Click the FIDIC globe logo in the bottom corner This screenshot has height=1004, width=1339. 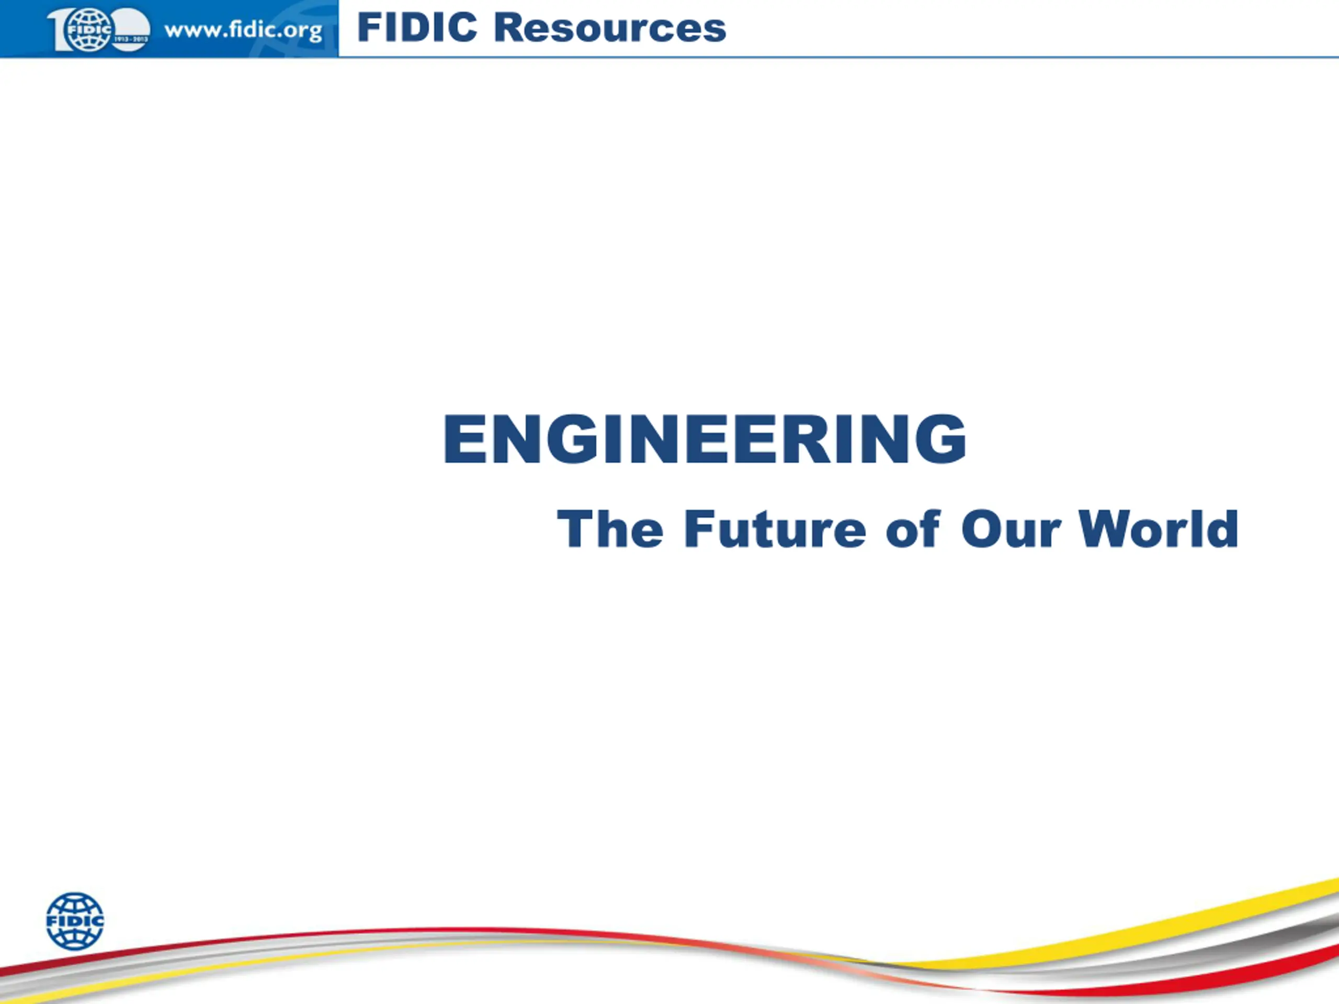pyautogui.click(x=75, y=921)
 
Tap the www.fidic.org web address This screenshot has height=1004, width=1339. pyautogui.click(x=243, y=30)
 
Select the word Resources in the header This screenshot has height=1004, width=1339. pyautogui.click(x=610, y=28)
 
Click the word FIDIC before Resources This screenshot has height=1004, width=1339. pyautogui.click(x=417, y=28)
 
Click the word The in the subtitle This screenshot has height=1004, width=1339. pyautogui.click(x=610, y=529)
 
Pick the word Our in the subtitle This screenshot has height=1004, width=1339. pyautogui.click(x=1011, y=529)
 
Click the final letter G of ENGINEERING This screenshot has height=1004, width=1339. pyautogui.click(x=940, y=439)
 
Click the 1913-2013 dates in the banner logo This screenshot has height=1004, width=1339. pyautogui.click(x=131, y=39)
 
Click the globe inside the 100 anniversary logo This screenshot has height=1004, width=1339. pyautogui.click(x=89, y=29)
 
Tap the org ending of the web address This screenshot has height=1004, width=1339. pyautogui.click(x=303, y=32)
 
